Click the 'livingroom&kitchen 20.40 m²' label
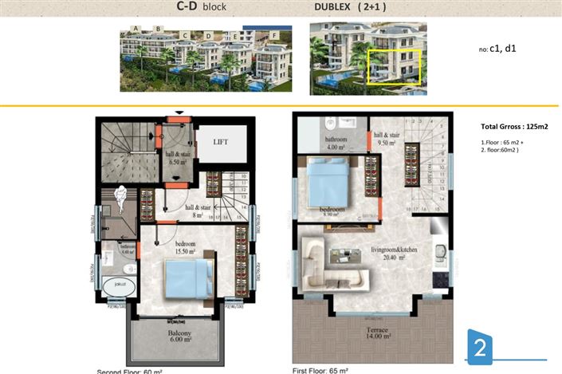(x=393, y=254)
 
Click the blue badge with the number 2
(x=480, y=348)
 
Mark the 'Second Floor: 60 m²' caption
(x=130, y=371)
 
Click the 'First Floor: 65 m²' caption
(x=326, y=370)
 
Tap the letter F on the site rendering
(x=275, y=36)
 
